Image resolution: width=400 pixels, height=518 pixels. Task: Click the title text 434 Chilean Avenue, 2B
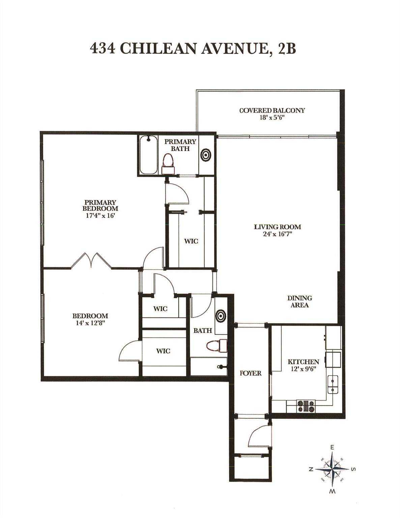tap(193, 48)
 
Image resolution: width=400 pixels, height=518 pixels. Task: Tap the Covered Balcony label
tap(272, 110)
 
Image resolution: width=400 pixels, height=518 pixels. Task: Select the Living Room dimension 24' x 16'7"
tap(277, 234)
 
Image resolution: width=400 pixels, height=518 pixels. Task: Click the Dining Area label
tap(299, 301)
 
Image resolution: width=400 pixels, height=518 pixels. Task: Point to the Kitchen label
tap(303, 362)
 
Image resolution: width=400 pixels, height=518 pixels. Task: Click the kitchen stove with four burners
tap(305, 406)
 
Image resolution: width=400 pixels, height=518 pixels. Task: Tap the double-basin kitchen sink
tap(333, 385)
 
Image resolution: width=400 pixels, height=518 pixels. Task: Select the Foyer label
tap(251, 373)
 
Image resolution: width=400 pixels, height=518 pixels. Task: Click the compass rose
tap(333, 469)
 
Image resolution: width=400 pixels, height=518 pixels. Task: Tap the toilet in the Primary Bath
tap(168, 164)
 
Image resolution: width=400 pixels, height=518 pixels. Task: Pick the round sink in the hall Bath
tap(221, 315)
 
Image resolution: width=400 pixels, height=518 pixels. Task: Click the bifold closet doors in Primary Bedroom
tap(91, 260)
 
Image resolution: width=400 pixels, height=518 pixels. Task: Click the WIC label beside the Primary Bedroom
tap(191, 241)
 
